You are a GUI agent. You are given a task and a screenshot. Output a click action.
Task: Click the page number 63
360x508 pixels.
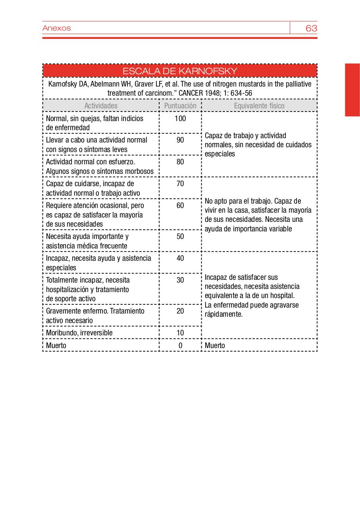point(311,28)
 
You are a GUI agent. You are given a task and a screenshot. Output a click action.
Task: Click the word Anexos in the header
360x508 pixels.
point(56,28)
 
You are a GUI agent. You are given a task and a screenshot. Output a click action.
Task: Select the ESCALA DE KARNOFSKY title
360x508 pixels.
point(180,71)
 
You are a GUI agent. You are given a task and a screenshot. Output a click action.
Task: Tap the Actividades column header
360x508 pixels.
point(101,106)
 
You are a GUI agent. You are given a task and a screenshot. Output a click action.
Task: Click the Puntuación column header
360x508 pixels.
point(180,106)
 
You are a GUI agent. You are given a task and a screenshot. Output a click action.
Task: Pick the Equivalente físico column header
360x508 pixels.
point(259,106)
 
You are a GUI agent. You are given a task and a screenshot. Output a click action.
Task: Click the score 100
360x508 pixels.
point(180,118)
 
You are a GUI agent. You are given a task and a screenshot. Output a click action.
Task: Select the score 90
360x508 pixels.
point(180,140)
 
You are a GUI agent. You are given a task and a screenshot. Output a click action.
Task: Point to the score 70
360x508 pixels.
point(180,184)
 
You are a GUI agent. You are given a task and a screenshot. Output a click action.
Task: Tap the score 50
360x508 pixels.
point(180,237)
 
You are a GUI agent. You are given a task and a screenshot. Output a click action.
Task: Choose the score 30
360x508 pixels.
point(180,280)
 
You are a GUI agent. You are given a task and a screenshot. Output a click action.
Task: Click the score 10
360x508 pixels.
point(180,333)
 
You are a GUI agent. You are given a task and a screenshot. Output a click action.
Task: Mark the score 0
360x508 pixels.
point(180,345)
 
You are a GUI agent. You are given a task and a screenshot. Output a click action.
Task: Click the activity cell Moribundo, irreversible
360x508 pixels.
point(79,333)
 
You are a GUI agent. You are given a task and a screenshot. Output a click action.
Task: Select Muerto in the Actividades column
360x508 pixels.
point(56,345)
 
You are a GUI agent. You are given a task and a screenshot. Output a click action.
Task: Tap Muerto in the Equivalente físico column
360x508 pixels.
point(215,345)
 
